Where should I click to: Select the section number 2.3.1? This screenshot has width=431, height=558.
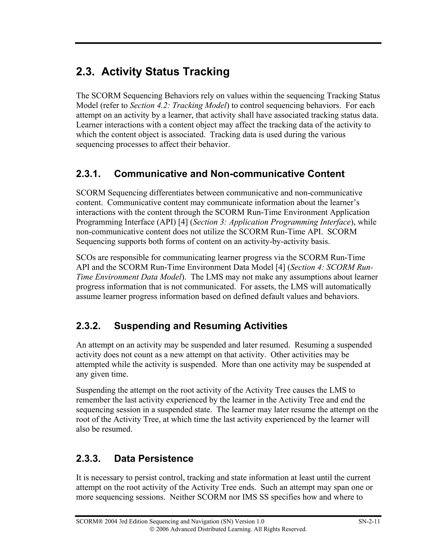pos(88,174)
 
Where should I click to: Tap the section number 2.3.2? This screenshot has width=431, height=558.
pos(88,326)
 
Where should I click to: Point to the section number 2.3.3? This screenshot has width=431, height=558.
pos(88,458)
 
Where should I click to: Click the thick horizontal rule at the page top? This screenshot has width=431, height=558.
pos(228,43)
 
